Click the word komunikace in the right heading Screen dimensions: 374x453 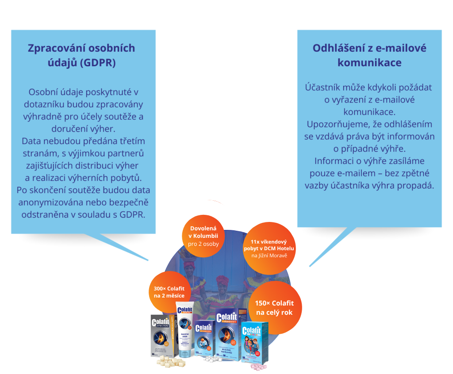(x=369, y=63)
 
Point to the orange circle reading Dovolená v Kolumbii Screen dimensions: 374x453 (x=203, y=236)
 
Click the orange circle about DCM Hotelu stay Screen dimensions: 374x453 (x=269, y=248)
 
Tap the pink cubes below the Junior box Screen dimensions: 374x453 (x=259, y=366)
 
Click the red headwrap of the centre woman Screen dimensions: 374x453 (x=222, y=280)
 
